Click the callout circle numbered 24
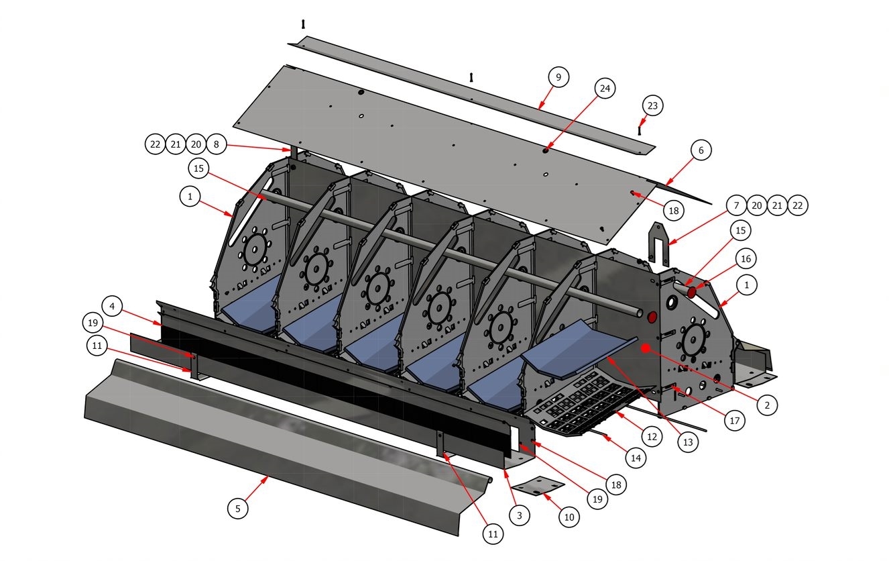[605, 89]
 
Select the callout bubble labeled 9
[558, 77]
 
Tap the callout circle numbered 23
[652, 105]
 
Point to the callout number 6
[701, 150]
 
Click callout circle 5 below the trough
[237, 508]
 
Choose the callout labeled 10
[569, 517]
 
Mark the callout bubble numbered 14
[636, 459]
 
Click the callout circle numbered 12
[652, 436]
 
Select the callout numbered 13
[687, 442]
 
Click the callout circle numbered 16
[746, 258]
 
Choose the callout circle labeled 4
[113, 307]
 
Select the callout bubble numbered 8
[216, 144]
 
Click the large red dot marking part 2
[646, 348]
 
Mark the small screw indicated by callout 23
[640, 130]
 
